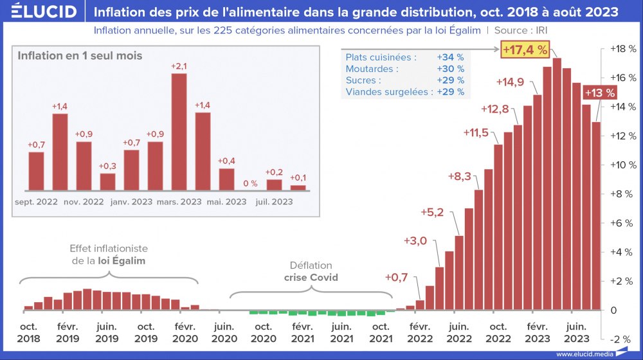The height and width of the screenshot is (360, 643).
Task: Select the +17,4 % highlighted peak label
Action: [x=525, y=50]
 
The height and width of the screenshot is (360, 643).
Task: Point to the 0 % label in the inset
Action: [x=250, y=183]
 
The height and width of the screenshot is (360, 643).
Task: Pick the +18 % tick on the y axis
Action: [x=620, y=49]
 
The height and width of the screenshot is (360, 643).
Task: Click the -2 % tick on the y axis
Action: [x=621, y=339]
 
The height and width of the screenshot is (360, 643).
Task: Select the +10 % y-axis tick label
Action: [x=620, y=165]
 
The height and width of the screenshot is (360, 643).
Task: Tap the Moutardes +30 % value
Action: [x=450, y=69]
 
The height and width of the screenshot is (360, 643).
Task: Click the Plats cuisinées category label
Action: [x=381, y=57]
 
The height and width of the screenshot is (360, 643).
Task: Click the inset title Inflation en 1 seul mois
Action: [x=80, y=56]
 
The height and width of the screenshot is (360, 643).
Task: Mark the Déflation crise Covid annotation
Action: [x=311, y=271]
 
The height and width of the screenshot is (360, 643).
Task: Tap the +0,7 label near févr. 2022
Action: [x=396, y=278]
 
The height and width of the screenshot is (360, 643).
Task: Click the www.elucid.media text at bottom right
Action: [x=582, y=354]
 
